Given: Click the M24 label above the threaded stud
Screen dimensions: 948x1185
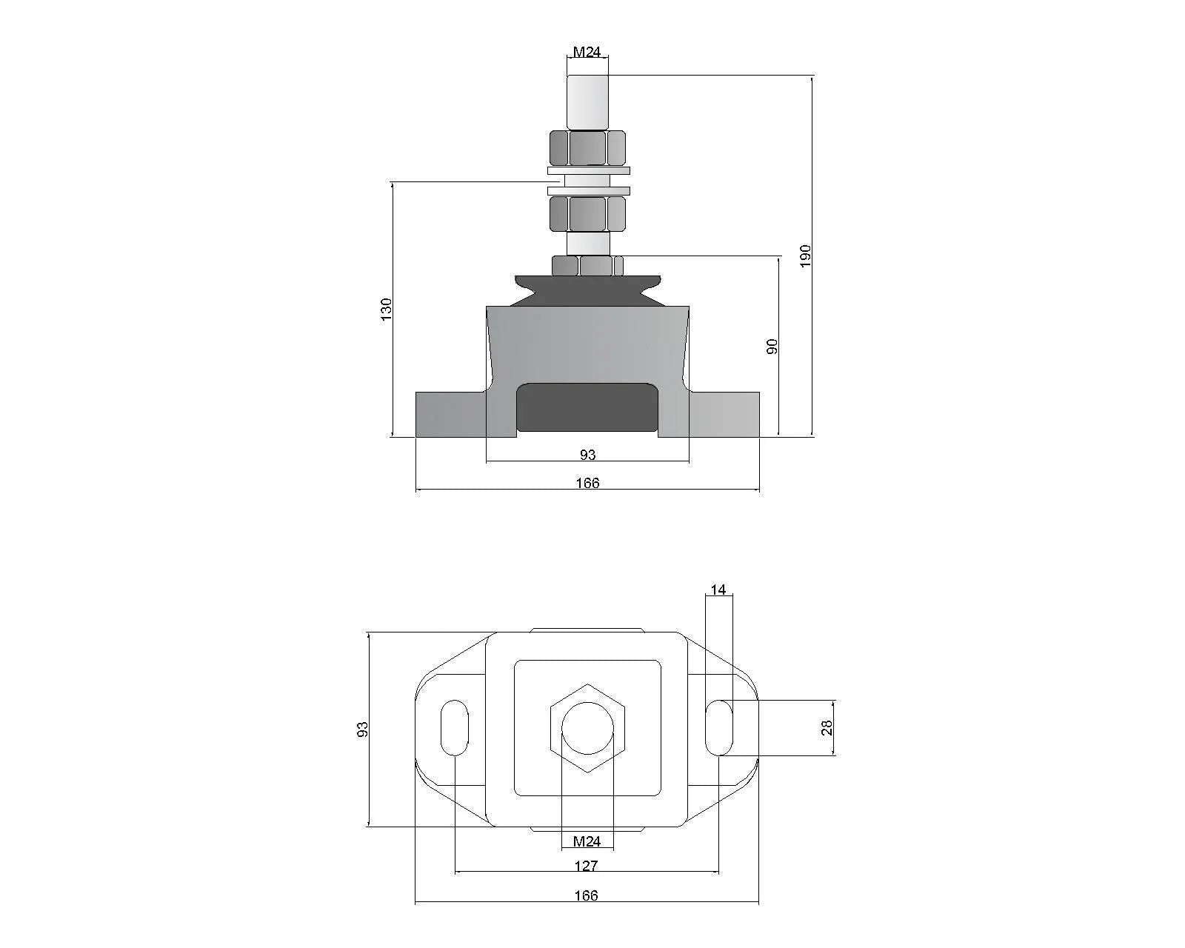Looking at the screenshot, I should click(x=587, y=52).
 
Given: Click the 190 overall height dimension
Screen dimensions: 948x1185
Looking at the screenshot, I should click(x=807, y=255).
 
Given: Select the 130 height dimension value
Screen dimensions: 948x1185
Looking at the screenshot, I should click(x=386, y=309).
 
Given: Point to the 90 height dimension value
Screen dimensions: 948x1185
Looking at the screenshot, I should click(x=772, y=346).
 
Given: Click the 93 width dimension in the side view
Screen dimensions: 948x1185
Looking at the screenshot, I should click(x=587, y=454).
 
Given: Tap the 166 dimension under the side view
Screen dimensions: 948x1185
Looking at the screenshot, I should click(x=587, y=483).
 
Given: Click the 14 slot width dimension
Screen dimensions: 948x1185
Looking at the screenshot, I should click(x=718, y=590).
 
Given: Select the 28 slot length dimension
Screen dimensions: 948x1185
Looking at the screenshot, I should click(x=827, y=727).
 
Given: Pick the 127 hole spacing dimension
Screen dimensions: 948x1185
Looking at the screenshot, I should click(x=586, y=865).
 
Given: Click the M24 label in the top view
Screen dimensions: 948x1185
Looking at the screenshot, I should click(x=587, y=841).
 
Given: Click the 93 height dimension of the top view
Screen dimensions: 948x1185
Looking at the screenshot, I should click(x=362, y=729).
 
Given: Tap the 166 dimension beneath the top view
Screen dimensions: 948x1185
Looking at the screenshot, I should click(x=586, y=895).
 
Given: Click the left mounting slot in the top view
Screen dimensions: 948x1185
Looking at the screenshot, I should click(x=454, y=727).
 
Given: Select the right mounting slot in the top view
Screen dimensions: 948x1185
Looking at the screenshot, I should click(x=719, y=727).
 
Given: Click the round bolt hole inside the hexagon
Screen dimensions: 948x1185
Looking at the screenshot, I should click(x=587, y=728).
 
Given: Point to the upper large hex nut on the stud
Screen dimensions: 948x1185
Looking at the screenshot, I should click(x=588, y=147).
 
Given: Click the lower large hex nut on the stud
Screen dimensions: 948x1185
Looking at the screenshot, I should click(x=588, y=214).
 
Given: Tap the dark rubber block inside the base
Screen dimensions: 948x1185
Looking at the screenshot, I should click(x=587, y=407).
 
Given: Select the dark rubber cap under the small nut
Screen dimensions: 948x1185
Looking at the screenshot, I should click(x=587, y=289).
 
